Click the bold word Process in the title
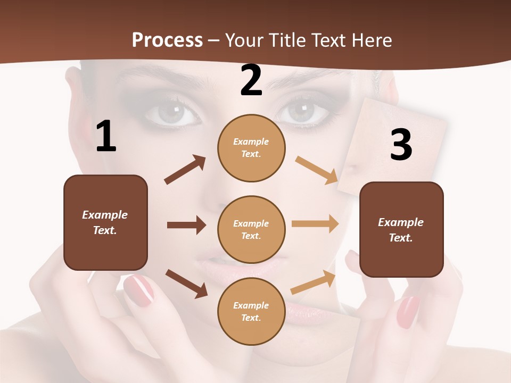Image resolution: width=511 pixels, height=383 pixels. (167, 40)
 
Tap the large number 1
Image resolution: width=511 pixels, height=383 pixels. (106, 137)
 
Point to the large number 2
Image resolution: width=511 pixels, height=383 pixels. (251, 81)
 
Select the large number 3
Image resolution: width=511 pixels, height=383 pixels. (401, 145)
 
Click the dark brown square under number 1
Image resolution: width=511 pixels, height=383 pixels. (105, 222)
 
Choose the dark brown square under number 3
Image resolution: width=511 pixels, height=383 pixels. (401, 229)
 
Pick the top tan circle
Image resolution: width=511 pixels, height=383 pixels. (251, 148)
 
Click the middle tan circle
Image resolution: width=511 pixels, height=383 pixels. (251, 229)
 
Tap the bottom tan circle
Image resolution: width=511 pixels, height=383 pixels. (251, 311)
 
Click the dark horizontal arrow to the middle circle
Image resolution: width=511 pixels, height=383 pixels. (186, 225)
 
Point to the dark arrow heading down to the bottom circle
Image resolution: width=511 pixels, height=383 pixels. (186, 284)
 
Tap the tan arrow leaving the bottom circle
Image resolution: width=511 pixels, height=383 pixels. (313, 282)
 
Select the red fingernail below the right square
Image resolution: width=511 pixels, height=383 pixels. (408, 312)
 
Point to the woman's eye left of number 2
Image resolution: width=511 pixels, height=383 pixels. (171, 112)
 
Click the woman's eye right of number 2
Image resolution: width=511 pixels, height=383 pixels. (302, 112)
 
